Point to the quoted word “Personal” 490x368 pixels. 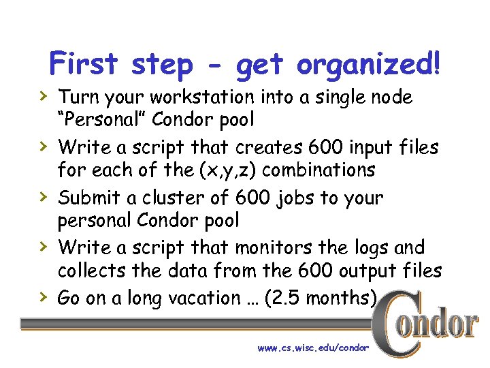click(102, 120)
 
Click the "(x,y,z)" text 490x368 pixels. click(227, 170)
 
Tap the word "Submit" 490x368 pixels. click(88, 198)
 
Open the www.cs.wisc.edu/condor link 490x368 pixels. click(313, 348)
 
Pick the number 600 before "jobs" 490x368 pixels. click(253, 198)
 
